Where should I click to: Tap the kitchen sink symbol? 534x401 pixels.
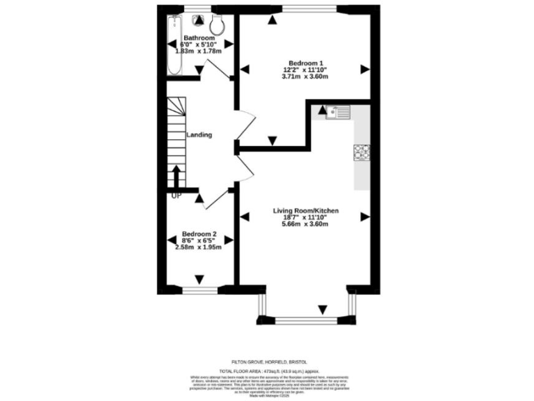pos(336,111)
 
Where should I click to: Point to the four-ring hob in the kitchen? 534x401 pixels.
pos(361,152)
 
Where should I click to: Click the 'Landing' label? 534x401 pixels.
pos(199,135)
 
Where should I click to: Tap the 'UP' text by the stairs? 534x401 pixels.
pos(176,195)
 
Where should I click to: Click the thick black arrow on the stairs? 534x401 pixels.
pos(176,176)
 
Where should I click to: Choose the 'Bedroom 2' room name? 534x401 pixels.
pos(200,234)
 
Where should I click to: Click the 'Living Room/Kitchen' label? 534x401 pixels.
pos(301,210)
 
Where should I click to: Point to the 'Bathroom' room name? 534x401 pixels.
pos(199,38)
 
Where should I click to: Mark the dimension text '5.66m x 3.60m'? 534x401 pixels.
pos(301,224)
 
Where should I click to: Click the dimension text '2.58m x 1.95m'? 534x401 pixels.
pos(200,247)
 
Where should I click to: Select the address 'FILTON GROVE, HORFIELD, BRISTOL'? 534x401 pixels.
pos(268,362)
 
